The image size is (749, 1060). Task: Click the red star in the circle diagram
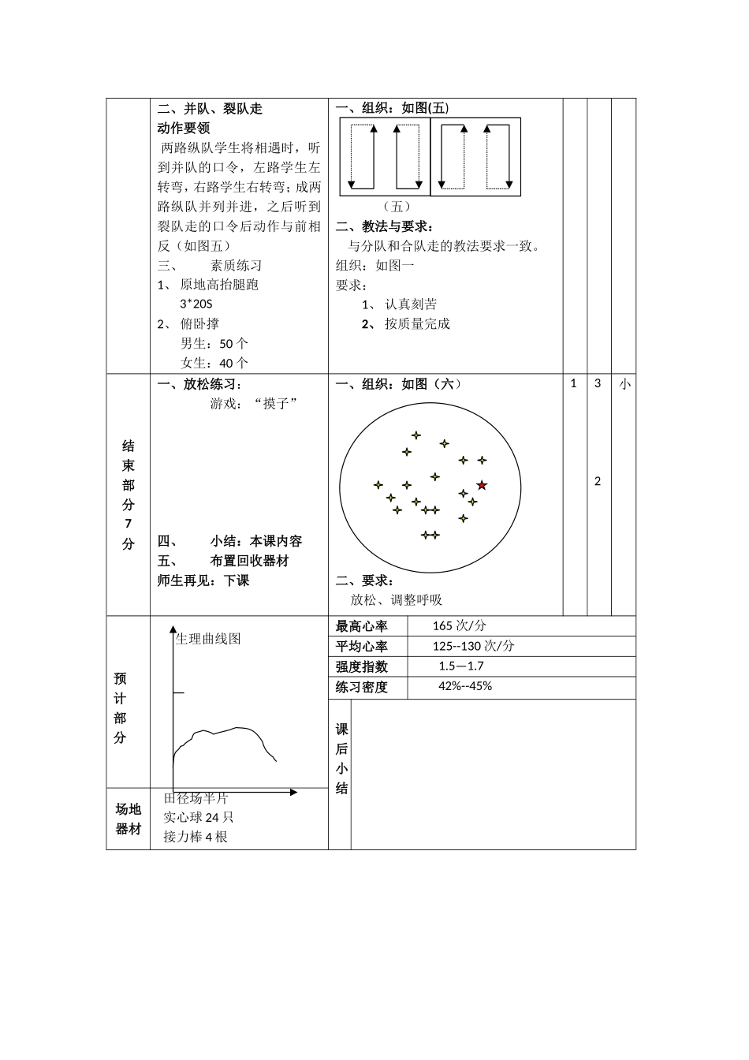coord(482,485)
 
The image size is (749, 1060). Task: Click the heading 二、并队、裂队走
coord(210,109)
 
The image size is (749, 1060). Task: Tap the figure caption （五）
coord(397,207)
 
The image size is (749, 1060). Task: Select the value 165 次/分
coord(459,626)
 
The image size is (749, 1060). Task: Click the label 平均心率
coord(362,647)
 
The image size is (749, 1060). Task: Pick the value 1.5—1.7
coord(461,666)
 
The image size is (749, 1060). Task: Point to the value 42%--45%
coord(465,686)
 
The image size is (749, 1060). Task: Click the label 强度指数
coord(362,667)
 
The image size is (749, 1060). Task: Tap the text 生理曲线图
coord(208,639)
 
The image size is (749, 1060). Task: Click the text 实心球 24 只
coord(199,818)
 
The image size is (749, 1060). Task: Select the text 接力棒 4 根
coord(196,837)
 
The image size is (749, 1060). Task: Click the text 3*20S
coord(196,304)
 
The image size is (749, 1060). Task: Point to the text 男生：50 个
coord(214,344)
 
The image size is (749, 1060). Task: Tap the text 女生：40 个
coord(214,364)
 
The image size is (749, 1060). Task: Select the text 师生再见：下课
coord(203,581)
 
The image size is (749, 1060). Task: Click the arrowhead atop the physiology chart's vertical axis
coord(173,629)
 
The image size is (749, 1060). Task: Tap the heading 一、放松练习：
coord(200,385)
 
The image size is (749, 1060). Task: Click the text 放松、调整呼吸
coord(397,600)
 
